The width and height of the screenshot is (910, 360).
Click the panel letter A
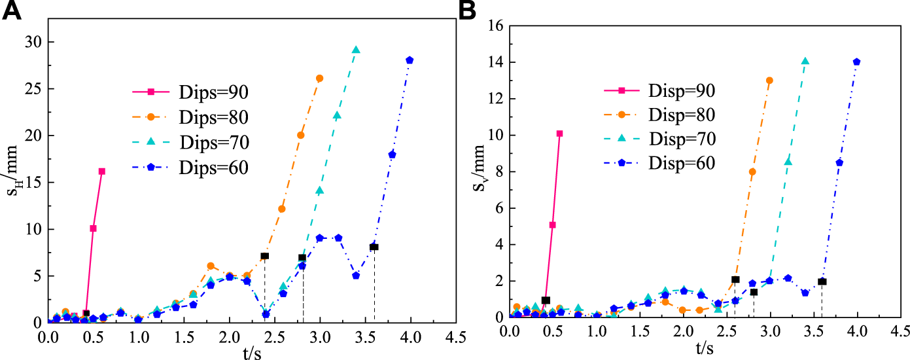point(14,12)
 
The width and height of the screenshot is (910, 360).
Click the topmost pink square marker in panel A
point(102,171)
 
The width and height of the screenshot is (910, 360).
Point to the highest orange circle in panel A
point(320,78)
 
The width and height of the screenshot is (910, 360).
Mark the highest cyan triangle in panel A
point(356,50)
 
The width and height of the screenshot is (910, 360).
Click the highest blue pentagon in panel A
point(410,60)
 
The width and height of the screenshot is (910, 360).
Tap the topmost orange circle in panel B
point(769,81)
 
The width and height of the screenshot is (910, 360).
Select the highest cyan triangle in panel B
point(805,62)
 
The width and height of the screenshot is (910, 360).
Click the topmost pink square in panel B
point(559,134)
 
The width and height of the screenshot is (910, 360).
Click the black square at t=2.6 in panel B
point(735,279)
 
